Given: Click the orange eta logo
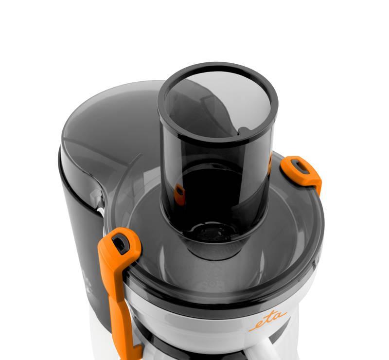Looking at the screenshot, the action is click(x=267, y=321).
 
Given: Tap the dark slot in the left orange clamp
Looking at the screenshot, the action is click(x=121, y=244).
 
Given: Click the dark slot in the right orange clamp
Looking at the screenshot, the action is click(x=301, y=167).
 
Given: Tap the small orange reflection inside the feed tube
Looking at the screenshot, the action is click(x=179, y=195).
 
